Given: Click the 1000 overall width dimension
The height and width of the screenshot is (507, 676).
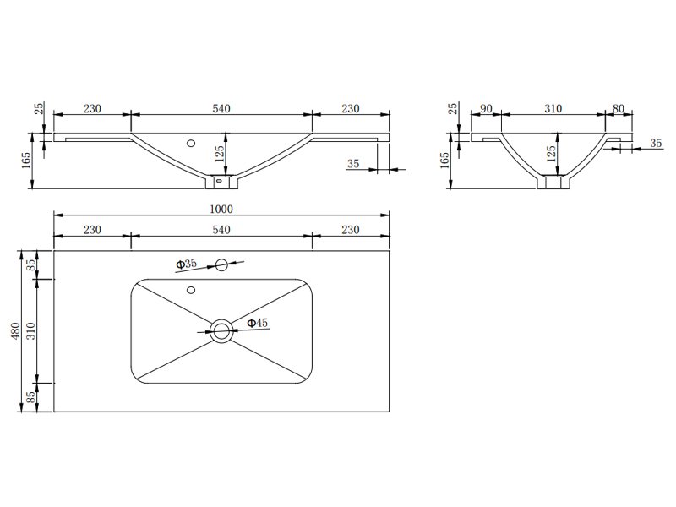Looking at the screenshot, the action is click(x=221, y=209).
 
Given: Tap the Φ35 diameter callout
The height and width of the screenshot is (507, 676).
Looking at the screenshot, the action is click(x=186, y=264).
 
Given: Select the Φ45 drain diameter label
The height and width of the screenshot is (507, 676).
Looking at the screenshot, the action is click(x=258, y=323).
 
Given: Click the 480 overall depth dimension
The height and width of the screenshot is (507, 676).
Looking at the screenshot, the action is click(x=15, y=331).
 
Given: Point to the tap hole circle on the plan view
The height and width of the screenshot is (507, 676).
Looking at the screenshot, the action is click(x=221, y=265).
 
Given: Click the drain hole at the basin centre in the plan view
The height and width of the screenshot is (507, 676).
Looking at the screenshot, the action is click(x=221, y=331).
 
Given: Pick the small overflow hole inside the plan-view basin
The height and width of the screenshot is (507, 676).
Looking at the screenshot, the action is click(x=191, y=290).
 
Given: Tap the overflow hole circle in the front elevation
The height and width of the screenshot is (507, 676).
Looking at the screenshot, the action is click(x=191, y=143).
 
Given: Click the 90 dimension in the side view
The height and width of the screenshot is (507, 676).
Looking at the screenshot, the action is click(x=486, y=109).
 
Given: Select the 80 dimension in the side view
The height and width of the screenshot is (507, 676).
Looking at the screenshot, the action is click(x=619, y=109).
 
